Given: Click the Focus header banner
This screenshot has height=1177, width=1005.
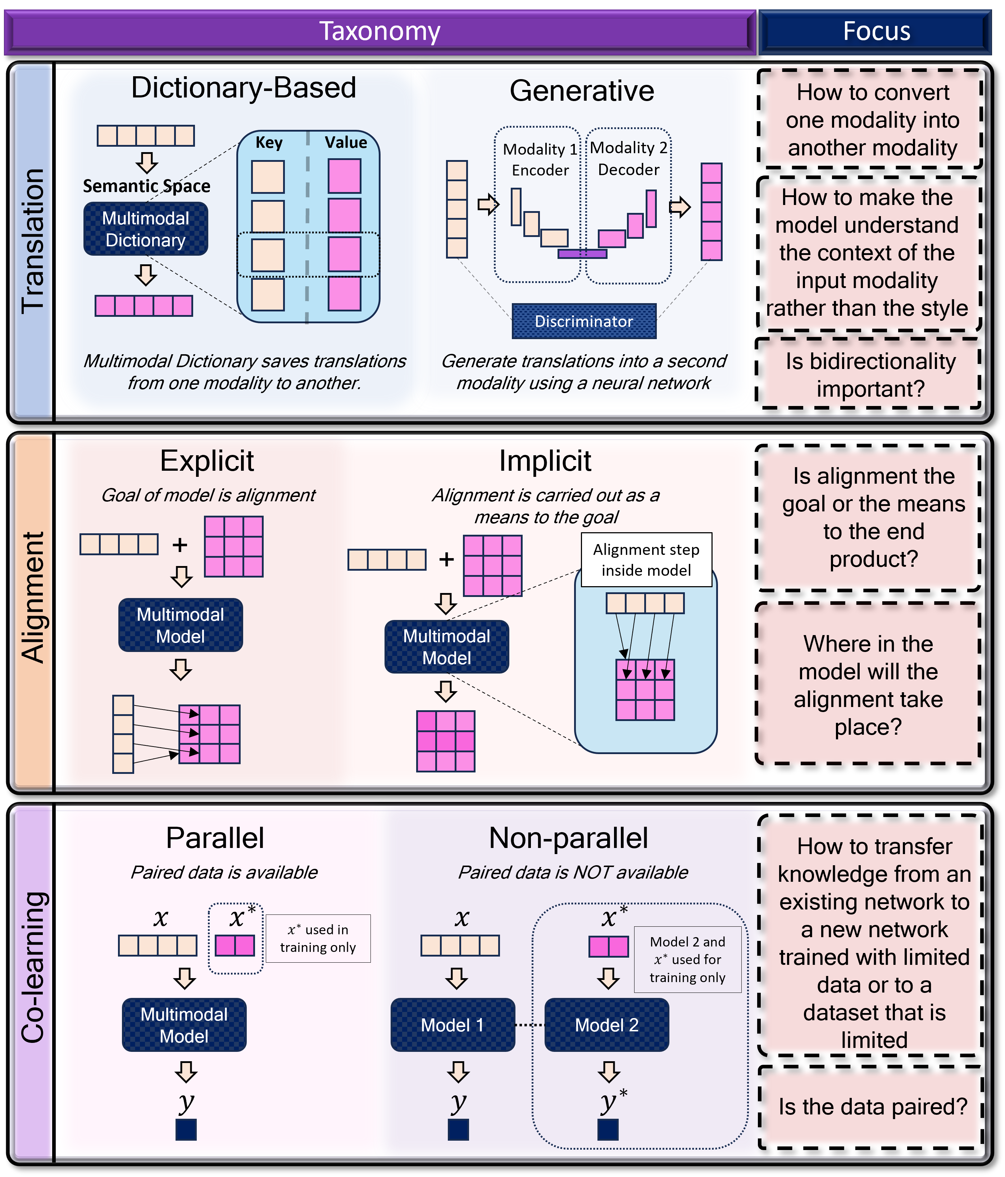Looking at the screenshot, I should [876, 31].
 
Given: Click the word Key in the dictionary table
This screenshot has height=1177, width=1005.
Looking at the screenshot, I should [269, 142].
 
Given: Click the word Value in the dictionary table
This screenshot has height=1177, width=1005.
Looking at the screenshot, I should [345, 142].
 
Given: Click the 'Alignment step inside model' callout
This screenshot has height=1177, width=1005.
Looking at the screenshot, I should [646, 560].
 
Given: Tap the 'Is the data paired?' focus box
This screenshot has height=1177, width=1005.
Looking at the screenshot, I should [872, 1107].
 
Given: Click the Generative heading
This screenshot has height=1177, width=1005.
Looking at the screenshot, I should [581, 91].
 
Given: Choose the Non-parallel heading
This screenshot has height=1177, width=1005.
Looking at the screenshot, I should [568, 838].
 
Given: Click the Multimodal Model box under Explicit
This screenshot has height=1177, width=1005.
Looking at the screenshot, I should [180, 625].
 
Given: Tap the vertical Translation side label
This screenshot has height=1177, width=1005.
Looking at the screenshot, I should [33, 241].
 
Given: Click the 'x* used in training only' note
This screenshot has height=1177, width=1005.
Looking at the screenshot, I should [318, 939].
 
